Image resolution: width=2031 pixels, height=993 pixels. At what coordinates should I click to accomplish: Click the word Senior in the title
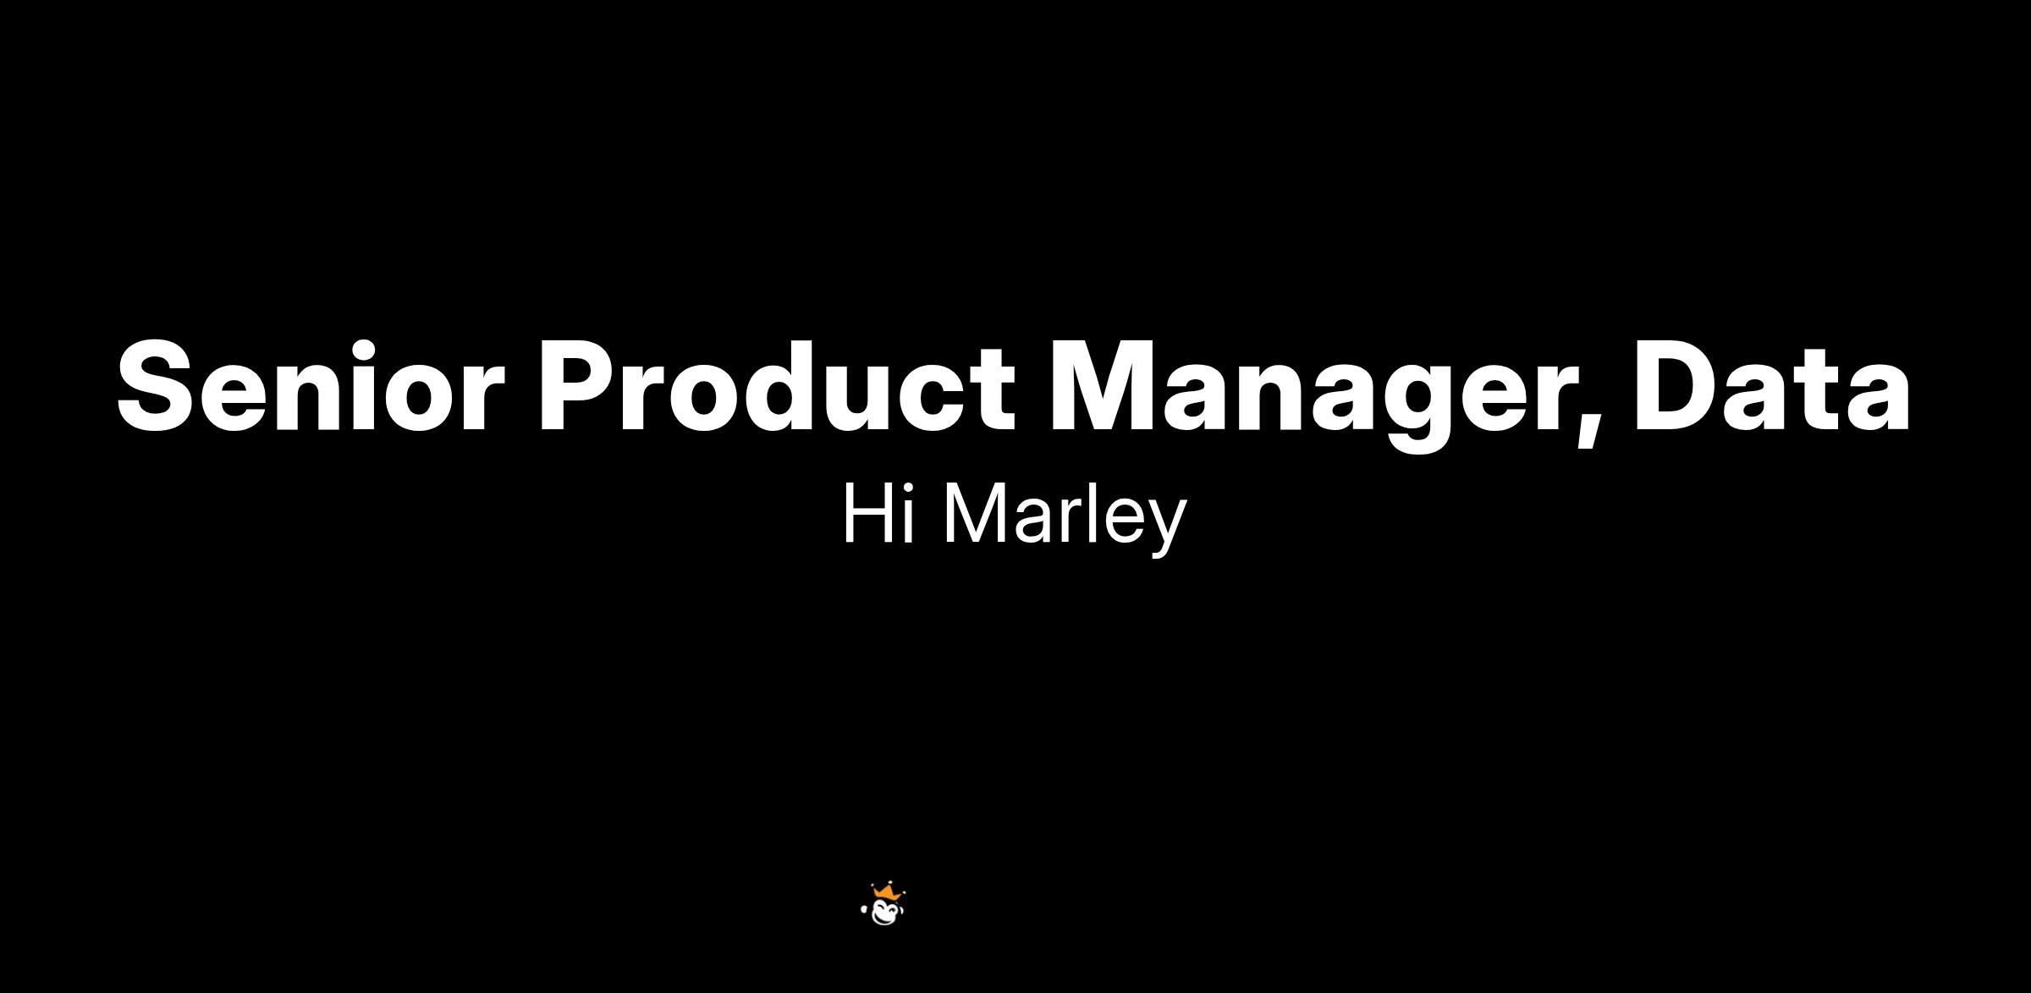click(311, 387)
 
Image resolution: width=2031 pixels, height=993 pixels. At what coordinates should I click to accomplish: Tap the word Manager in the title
click(1314, 394)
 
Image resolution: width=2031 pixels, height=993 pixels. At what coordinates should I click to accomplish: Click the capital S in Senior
click(161, 387)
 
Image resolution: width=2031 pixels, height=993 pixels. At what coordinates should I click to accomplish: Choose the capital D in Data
click(1681, 387)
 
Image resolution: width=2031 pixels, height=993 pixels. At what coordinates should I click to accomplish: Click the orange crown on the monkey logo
click(885, 891)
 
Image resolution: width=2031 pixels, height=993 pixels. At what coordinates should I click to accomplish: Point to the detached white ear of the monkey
click(864, 909)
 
